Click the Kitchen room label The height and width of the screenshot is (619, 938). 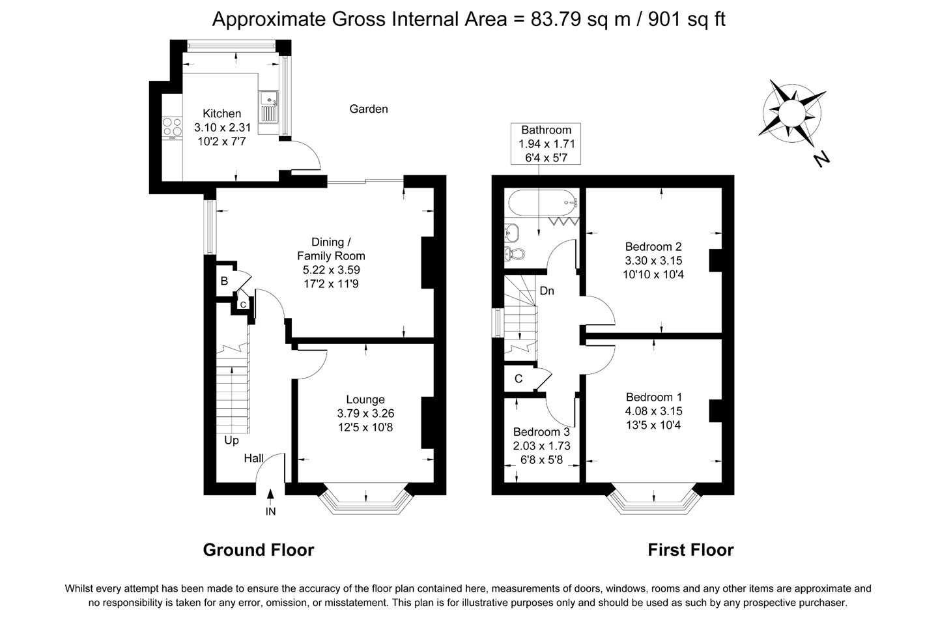pos(221,113)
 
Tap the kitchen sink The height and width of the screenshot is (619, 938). pos(268,107)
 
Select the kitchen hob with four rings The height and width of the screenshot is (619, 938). pos(173,127)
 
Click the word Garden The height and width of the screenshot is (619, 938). pos(369,109)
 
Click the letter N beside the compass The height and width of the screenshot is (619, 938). pos(821,159)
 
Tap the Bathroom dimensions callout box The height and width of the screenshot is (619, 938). pos(546,143)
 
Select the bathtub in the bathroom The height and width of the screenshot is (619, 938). pos(543,203)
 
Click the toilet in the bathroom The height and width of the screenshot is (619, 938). pos(515,253)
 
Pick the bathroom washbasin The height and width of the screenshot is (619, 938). pos(512,232)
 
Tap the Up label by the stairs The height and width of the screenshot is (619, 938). pos(231,440)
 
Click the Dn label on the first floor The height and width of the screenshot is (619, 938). pos(547,291)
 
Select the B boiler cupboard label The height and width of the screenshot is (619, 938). pos(225,281)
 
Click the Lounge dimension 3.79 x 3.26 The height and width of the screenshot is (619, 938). pos(365,414)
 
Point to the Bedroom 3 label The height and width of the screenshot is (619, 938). pos(541,432)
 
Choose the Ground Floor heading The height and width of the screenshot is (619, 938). pos(259,550)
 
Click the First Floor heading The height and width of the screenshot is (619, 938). pos(691,550)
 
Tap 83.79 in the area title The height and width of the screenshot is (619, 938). pos(556,20)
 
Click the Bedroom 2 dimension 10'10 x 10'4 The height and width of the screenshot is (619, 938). pos(653,275)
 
